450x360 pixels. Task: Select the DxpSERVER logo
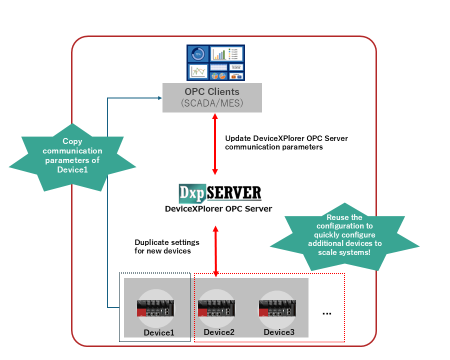pyautogui.click(x=220, y=193)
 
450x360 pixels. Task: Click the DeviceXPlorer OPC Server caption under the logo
pyautogui.click(x=218, y=208)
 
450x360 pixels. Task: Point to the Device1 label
pyautogui.click(x=159, y=332)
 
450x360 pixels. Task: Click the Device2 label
pyautogui.click(x=219, y=331)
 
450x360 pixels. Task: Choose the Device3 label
pyautogui.click(x=279, y=332)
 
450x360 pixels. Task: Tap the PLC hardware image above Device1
pyautogui.click(x=155, y=308)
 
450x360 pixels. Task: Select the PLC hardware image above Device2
pyautogui.click(x=216, y=308)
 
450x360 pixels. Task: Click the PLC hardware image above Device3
pyautogui.click(x=276, y=308)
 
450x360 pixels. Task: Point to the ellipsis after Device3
pyautogui.click(x=326, y=313)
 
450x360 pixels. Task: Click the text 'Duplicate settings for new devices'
pyautogui.click(x=163, y=246)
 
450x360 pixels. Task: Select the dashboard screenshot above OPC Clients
pyautogui.click(x=215, y=63)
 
